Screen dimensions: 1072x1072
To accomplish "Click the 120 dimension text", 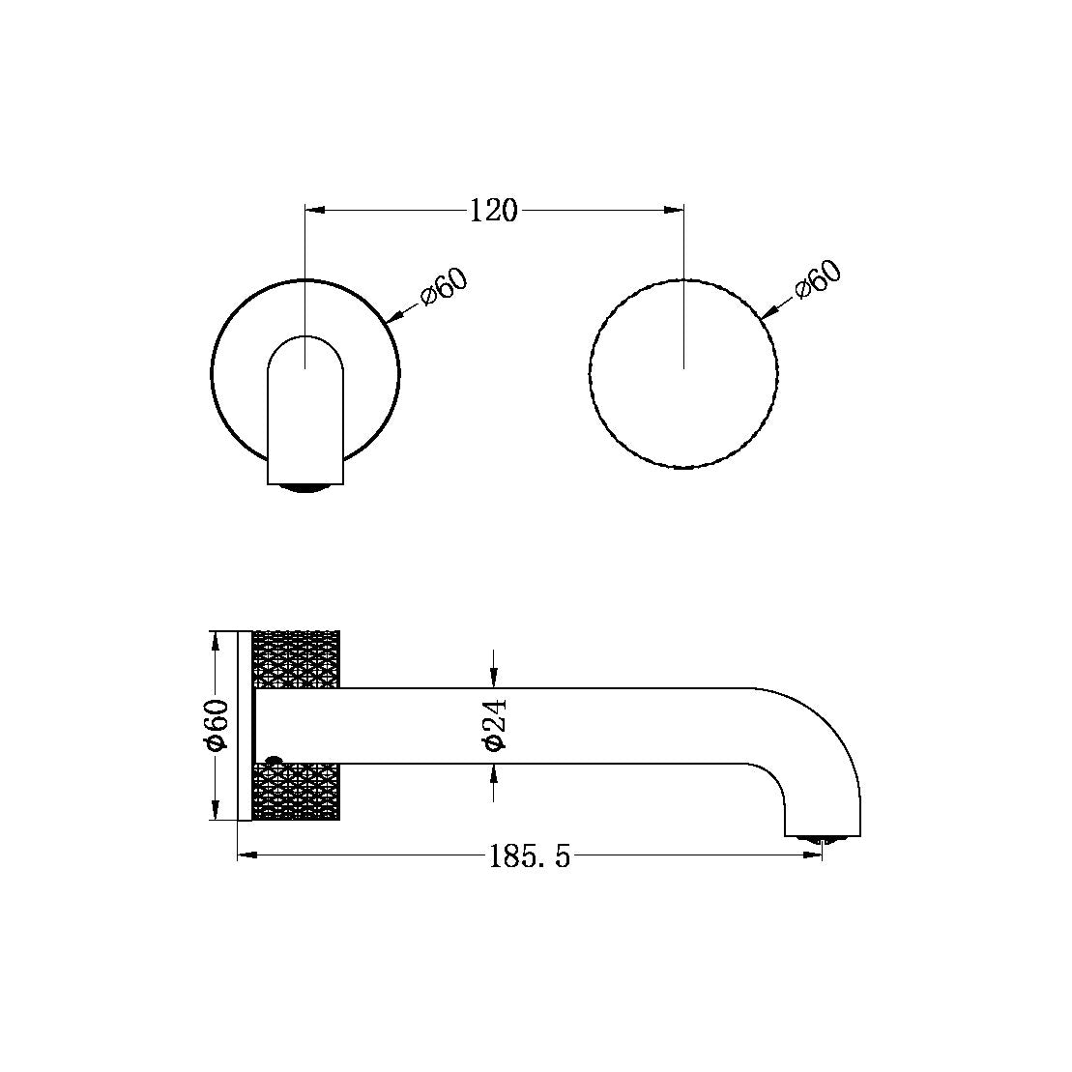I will (494, 210).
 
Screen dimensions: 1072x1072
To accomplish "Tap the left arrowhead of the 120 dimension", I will (313, 209).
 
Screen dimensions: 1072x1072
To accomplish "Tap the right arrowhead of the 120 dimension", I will (676, 209).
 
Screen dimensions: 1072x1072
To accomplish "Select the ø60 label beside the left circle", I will (445, 287).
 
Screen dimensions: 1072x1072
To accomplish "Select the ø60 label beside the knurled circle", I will (818, 281).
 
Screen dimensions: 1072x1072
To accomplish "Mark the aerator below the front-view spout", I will (305, 487).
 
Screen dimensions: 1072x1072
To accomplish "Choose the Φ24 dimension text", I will (494, 725).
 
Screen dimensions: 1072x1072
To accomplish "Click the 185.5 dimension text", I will (530, 855).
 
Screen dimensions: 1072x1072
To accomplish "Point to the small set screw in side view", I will (272, 761).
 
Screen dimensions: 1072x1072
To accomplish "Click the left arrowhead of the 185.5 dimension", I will (245, 855).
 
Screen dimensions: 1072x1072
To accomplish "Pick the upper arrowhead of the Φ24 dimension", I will (494, 681).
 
